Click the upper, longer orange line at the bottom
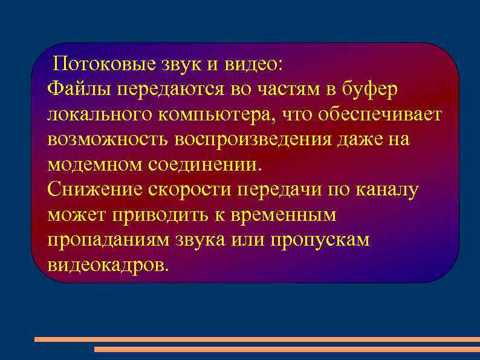257,339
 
